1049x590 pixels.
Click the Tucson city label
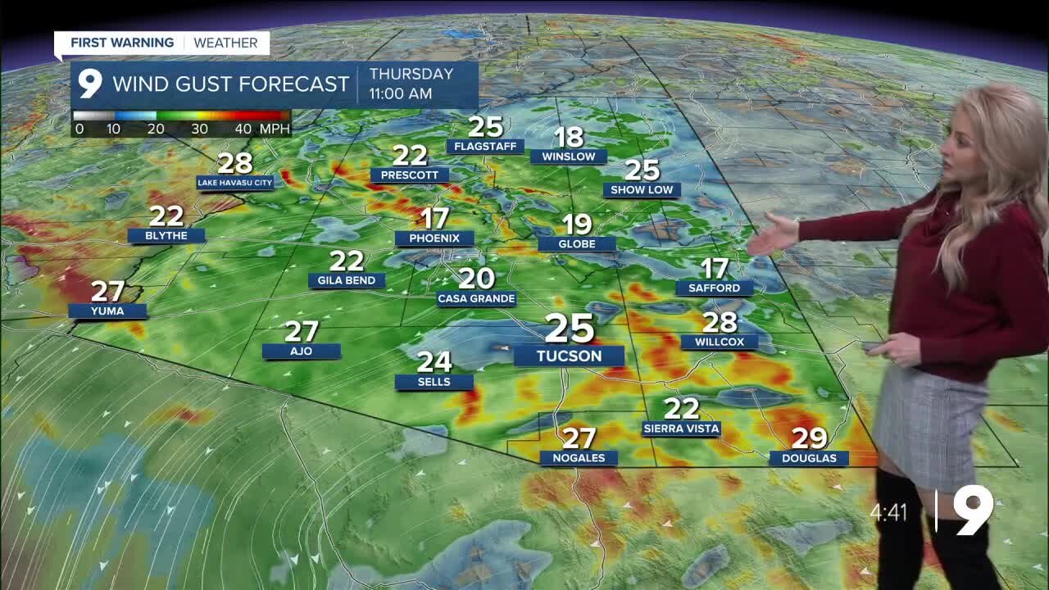pyautogui.click(x=569, y=356)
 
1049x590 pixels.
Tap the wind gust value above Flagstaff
pyautogui.click(x=485, y=126)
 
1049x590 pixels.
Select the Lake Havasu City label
pyautogui.click(x=235, y=183)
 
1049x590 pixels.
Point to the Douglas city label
pyautogui.click(x=809, y=458)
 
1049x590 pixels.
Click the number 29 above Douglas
pyautogui.click(x=809, y=438)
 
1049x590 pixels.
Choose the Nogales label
pyautogui.click(x=579, y=458)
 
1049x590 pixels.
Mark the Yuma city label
pyautogui.click(x=107, y=311)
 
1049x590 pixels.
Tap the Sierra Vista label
pyautogui.click(x=681, y=429)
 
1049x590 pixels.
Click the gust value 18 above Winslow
pyautogui.click(x=569, y=136)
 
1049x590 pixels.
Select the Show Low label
pyautogui.click(x=643, y=189)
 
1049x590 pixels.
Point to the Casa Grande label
pyautogui.click(x=476, y=299)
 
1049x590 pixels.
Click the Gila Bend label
pyautogui.click(x=347, y=280)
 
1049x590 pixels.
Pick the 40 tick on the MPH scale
pyautogui.click(x=243, y=129)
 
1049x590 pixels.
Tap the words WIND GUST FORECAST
pyautogui.click(x=231, y=84)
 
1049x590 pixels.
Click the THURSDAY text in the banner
pyautogui.click(x=411, y=74)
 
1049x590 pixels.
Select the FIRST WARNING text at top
pyautogui.click(x=122, y=43)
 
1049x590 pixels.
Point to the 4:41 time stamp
pyautogui.click(x=889, y=513)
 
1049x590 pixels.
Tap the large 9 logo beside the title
pyautogui.click(x=89, y=84)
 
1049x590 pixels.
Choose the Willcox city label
pyautogui.click(x=720, y=342)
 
